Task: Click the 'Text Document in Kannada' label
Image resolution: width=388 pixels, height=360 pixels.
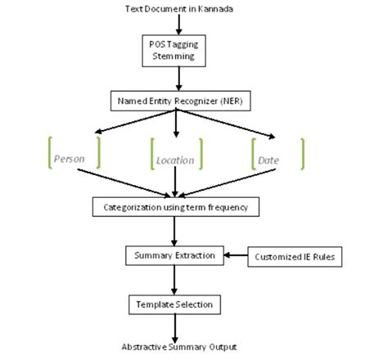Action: pos(178,9)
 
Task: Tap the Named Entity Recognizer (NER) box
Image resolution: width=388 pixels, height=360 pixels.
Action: pos(177,101)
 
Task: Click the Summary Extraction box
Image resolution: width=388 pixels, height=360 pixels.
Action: pos(174,256)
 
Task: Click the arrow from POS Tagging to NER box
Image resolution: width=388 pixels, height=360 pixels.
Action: pos(177,79)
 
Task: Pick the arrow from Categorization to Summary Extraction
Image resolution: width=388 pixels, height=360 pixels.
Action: pos(174,232)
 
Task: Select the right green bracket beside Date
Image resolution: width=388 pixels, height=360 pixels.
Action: pos(302,153)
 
